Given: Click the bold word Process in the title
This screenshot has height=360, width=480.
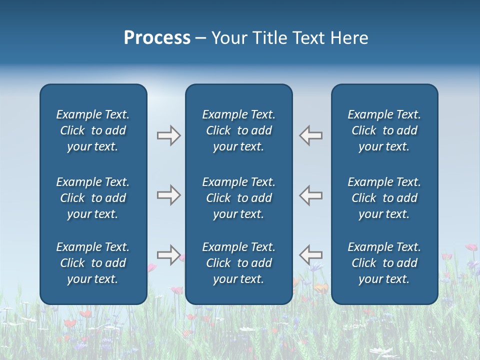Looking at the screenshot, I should click(x=157, y=38).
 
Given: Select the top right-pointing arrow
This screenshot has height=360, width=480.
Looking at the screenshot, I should click(x=168, y=135).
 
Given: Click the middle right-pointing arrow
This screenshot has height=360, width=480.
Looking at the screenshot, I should click(x=168, y=194).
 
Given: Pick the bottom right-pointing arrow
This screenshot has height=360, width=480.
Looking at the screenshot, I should click(x=168, y=254).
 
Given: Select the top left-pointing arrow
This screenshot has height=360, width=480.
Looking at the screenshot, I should click(x=311, y=135).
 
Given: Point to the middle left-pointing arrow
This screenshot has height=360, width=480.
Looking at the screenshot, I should click(x=311, y=194).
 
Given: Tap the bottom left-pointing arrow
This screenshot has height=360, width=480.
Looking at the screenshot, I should click(x=311, y=254).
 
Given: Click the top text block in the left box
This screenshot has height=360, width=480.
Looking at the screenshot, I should click(x=93, y=130).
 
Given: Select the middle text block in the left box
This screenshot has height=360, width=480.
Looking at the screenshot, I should click(x=93, y=198).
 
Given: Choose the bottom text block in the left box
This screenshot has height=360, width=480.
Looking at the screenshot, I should click(x=93, y=263).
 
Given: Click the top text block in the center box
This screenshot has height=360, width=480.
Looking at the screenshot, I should click(x=239, y=130).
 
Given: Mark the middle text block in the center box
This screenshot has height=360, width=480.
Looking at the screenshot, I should click(x=239, y=198).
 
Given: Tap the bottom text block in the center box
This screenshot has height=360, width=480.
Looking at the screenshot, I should click(x=239, y=263).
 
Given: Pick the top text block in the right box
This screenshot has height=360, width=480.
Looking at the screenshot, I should click(x=384, y=130).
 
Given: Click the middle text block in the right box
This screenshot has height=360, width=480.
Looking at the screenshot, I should click(x=384, y=198).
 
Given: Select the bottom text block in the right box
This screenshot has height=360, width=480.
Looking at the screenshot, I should click(x=384, y=263).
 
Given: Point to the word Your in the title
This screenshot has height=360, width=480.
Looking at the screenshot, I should click(x=229, y=38).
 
